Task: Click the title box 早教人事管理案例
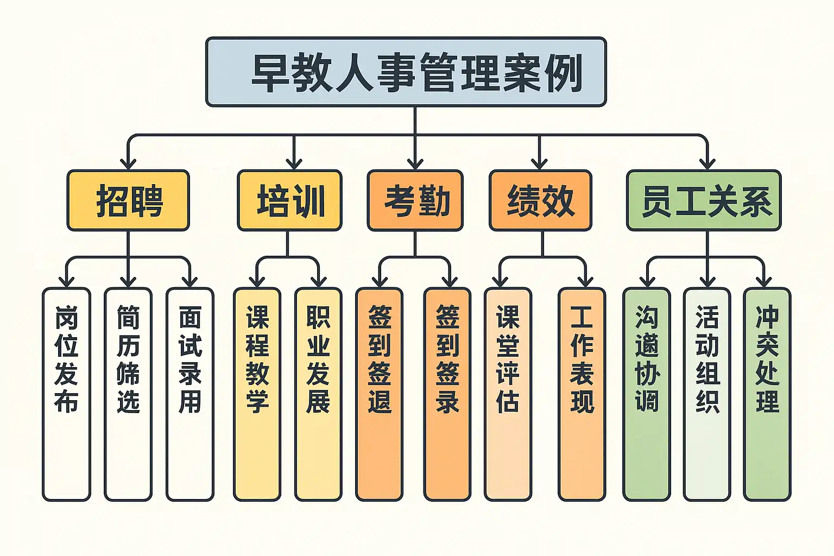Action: pyautogui.click(x=406, y=72)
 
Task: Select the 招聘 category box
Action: pyautogui.click(x=128, y=200)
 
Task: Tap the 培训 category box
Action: pyautogui.click(x=289, y=200)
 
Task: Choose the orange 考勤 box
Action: pyautogui.click(x=415, y=200)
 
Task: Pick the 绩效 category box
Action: pyautogui.click(x=540, y=200)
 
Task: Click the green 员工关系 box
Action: pyautogui.click(x=704, y=200)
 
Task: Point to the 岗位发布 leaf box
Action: pyautogui.click(x=66, y=394)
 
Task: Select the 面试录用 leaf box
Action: pyautogui.click(x=190, y=394)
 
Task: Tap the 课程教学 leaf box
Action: pyautogui.click(x=257, y=394)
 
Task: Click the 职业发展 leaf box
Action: pyautogui.click(x=318, y=394)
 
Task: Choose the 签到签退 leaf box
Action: pyautogui.click(x=380, y=394)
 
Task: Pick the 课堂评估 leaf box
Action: pyautogui.click(x=508, y=394)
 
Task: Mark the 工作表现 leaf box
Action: pyautogui.click(x=582, y=394)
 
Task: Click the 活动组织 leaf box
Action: pyautogui.click(x=707, y=394)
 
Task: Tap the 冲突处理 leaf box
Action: pyautogui.click(x=767, y=394)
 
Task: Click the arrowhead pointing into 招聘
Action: pyautogui.click(x=128, y=163)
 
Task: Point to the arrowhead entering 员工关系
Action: pyautogui.click(x=707, y=163)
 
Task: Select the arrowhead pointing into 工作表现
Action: pyautogui.click(x=585, y=281)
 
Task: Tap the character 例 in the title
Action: pyautogui.click(x=564, y=72)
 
